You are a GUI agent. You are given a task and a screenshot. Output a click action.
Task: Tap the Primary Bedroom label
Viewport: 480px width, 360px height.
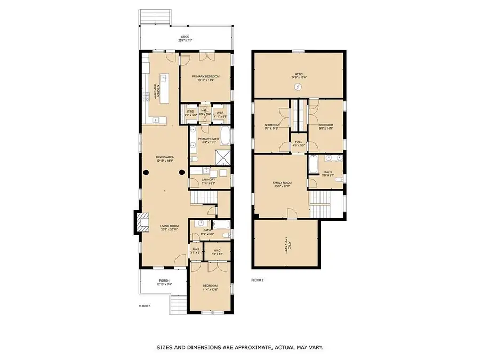205,77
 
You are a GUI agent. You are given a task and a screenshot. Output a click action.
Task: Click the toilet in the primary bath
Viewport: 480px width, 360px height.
195,159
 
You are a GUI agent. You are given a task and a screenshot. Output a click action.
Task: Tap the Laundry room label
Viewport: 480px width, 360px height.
208,180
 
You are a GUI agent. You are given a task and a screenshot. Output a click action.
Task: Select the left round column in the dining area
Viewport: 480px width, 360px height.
145,172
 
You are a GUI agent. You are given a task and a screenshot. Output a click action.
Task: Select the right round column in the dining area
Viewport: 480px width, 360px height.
182,172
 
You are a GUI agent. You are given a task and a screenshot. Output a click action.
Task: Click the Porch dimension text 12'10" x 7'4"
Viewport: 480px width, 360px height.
163,285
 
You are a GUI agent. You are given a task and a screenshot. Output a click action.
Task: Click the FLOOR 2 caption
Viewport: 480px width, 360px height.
257,279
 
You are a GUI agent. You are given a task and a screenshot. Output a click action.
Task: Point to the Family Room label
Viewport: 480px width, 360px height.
280,183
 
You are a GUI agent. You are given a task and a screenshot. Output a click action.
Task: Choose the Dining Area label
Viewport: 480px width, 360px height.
165,157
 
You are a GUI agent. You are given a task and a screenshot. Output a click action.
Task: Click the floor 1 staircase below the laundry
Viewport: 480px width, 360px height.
203,199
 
